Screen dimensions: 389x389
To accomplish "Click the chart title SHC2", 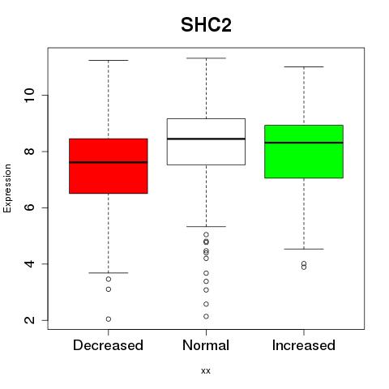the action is (206, 25).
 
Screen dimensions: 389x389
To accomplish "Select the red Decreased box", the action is (109, 166).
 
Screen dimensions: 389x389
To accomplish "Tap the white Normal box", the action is (206, 142).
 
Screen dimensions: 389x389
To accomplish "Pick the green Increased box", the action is (304, 152).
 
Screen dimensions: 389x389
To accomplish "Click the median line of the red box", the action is (109, 162).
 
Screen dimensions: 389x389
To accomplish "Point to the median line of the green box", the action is (304, 143).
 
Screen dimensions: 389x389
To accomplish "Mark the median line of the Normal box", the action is (206, 139).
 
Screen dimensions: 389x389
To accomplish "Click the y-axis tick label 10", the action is (30, 96).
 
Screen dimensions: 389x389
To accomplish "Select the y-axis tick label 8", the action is (30, 152).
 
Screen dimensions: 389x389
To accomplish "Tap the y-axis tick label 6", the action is (30, 207).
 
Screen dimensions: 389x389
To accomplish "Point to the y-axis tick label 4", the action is (30, 264).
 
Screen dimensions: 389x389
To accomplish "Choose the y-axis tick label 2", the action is (30, 320).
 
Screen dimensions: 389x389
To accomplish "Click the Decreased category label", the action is (108, 345).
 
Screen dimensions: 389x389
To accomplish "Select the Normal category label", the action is (206, 345).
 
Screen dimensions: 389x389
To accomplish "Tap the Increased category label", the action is (304, 345).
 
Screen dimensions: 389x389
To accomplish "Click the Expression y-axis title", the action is (7, 188).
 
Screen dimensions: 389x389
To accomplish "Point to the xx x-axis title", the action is (206, 371).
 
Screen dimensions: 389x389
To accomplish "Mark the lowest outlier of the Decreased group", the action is (109, 319).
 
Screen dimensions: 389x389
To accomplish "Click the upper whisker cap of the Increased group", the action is (304, 66).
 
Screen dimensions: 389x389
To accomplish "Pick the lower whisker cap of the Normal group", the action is (206, 226).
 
